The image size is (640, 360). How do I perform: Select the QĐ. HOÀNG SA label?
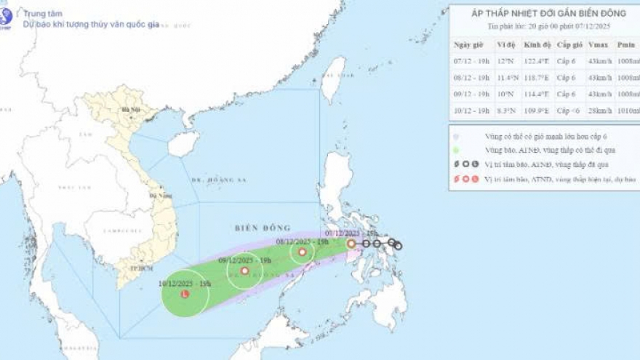click(216, 180)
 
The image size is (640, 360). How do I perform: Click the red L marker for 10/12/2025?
click(185, 294)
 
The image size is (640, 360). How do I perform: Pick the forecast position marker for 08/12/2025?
click(302, 252)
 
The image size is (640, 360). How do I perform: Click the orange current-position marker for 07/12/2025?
click(351, 244)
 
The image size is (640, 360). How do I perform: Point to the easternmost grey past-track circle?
click(398, 246)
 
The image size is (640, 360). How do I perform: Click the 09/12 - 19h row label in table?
click(469, 95)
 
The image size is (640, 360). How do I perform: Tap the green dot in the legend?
click(456, 151)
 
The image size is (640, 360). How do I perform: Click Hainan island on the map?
click(183, 143)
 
